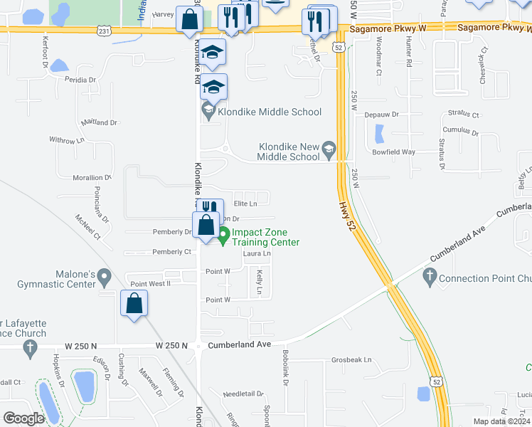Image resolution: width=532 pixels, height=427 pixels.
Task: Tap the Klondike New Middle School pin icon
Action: pyautogui.click(x=329, y=149)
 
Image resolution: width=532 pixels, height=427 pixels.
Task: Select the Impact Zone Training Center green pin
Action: pyautogui.click(x=223, y=236)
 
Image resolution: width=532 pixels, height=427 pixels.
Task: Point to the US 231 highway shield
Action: pyautogui.click(x=105, y=31)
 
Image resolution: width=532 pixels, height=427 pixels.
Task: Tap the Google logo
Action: pyautogui.click(x=23, y=418)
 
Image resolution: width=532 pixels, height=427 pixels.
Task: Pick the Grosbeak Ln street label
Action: pyautogui.click(x=351, y=360)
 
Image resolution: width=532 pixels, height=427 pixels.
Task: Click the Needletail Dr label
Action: pyautogui.click(x=243, y=394)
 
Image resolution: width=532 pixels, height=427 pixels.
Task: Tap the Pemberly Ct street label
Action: pyautogui.click(x=172, y=252)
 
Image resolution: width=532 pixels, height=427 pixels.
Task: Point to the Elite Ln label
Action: pyautogui.click(x=245, y=204)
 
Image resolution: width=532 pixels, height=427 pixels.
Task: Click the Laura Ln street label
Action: pyautogui.click(x=257, y=253)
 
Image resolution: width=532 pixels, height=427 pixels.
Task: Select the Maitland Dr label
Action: pyautogui.click(x=99, y=122)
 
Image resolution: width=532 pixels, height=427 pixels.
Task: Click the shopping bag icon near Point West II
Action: pyautogui.click(x=134, y=304)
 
